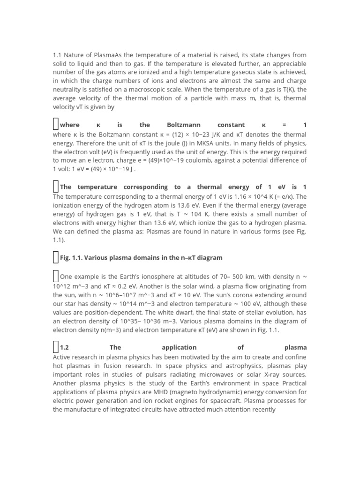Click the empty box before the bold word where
pyautogui.click(x=55, y=124)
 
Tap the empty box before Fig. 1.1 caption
pyautogui.click(x=55, y=257)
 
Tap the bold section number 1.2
pyautogui.click(x=64, y=347)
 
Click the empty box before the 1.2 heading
pyautogui.click(x=55, y=347)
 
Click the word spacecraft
pyautogui.click(x=223, y=401)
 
